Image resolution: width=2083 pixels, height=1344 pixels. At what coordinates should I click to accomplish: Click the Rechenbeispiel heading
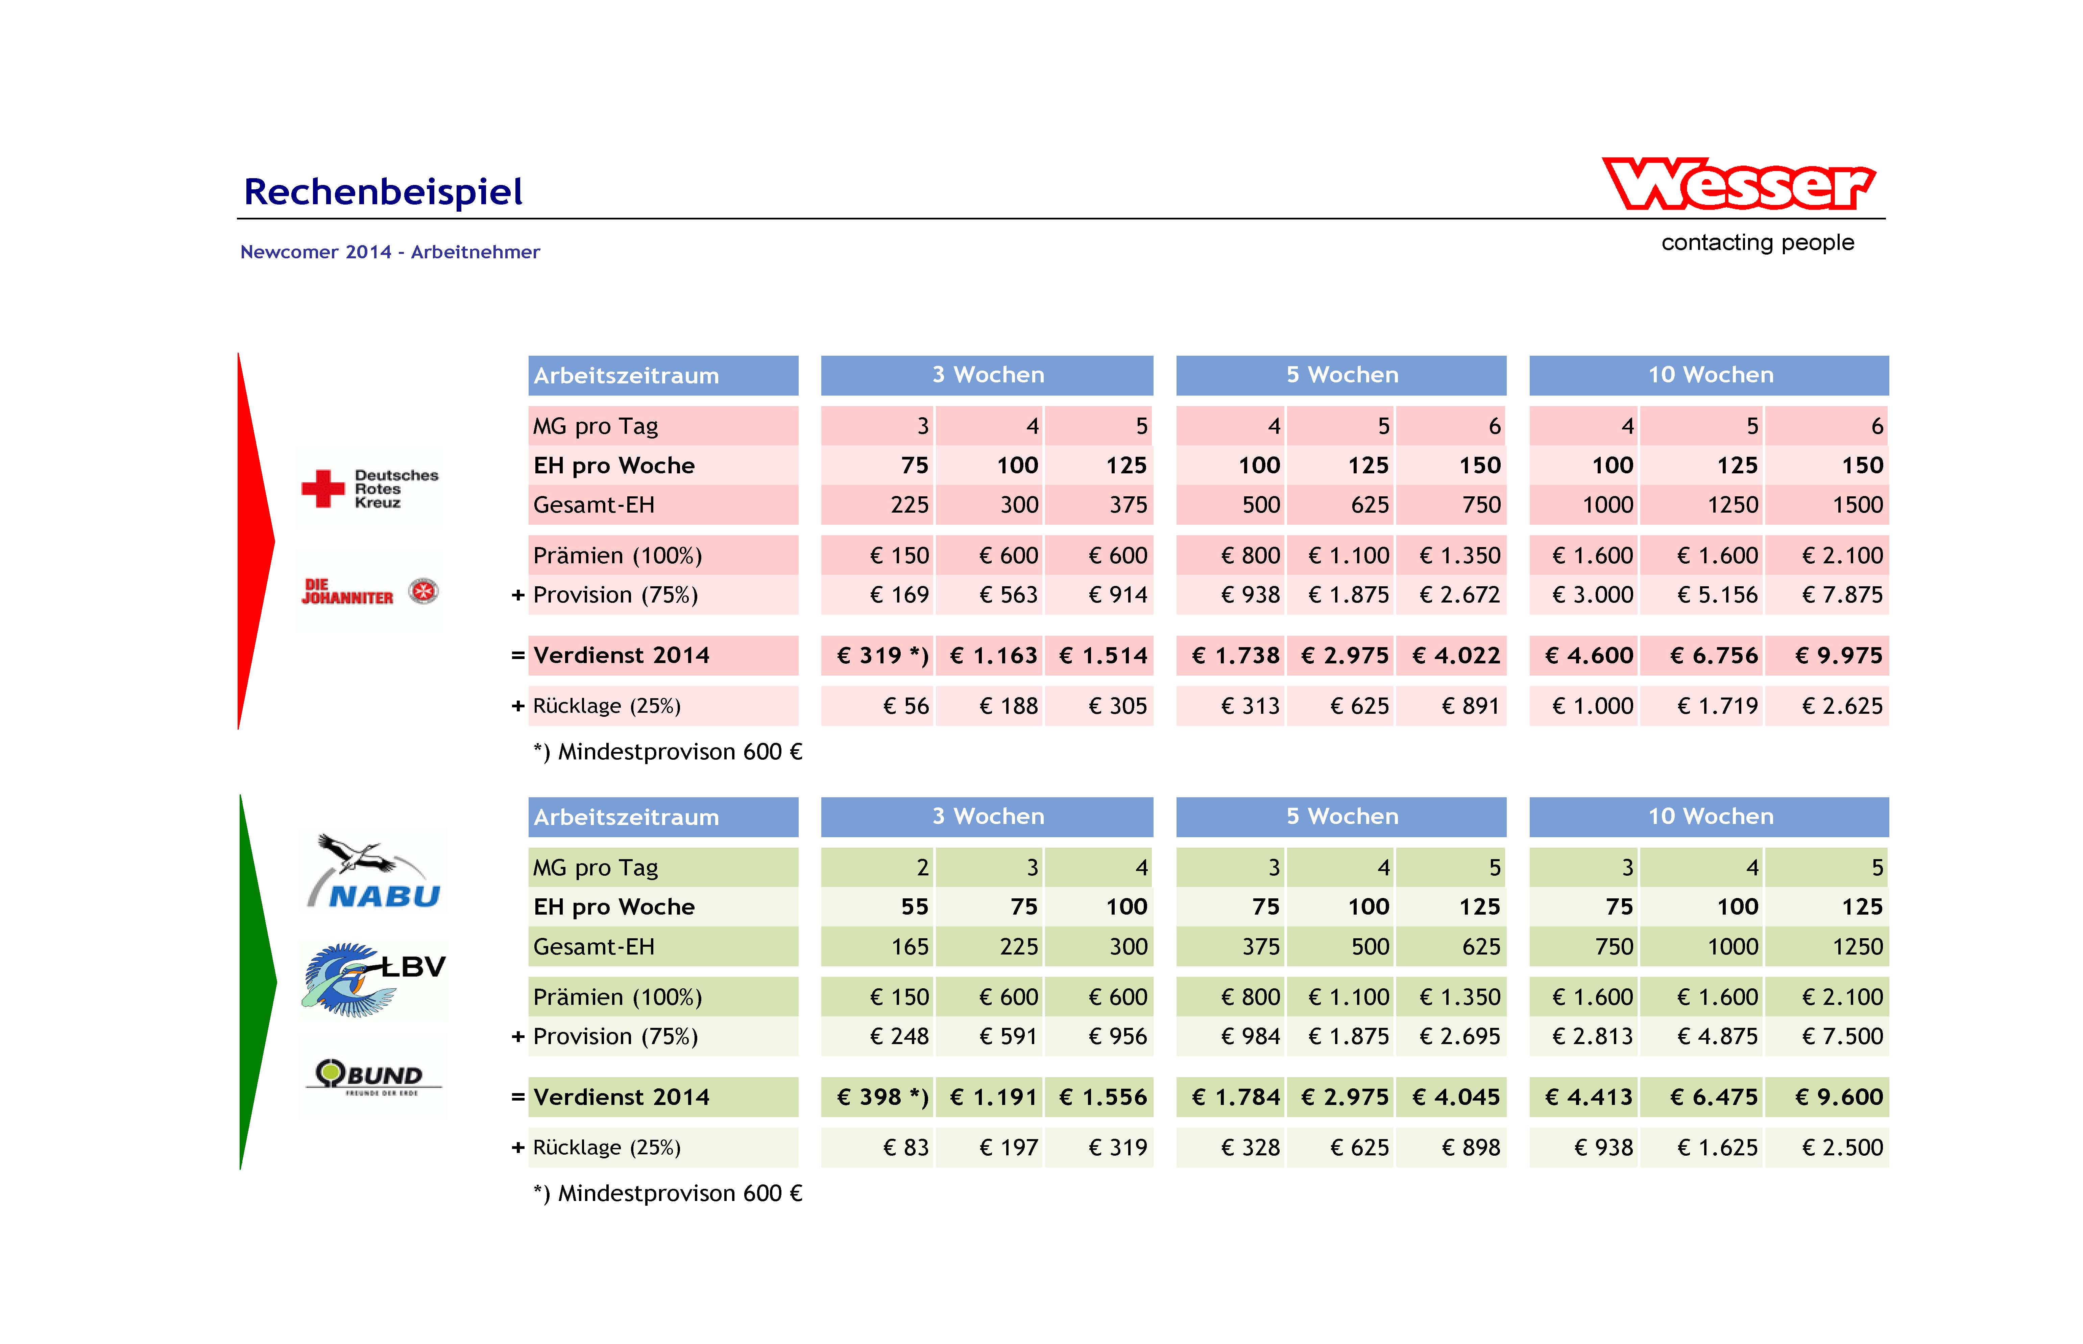click(383, 192)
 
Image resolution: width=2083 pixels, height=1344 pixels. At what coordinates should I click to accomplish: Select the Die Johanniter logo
click(370, 592)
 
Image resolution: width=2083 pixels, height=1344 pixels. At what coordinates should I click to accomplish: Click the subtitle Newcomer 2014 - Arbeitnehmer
click(390, 252)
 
